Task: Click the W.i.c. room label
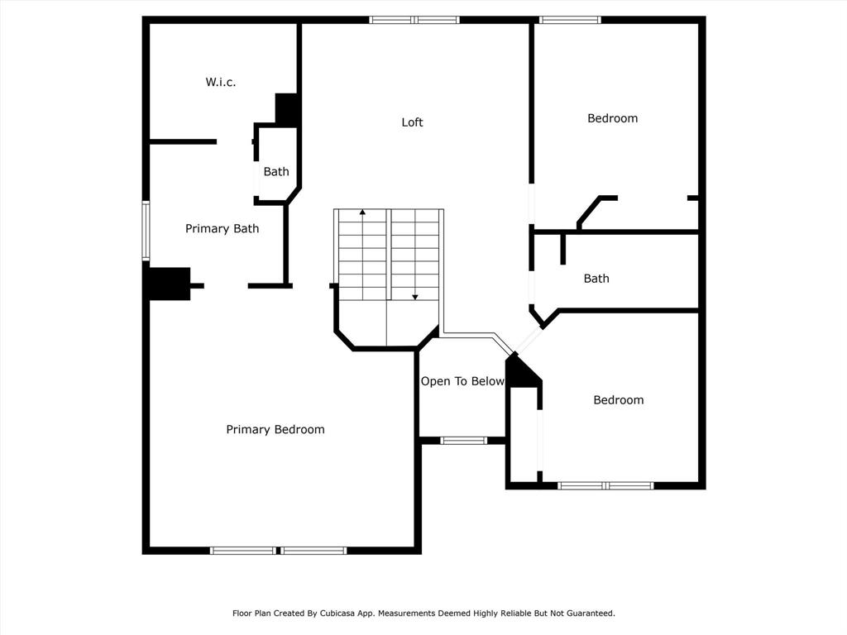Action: [220, 82]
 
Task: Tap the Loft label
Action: [412, 122]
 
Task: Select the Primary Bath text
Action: [222, 228]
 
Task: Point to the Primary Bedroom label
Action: [275, 429]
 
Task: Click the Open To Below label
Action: [462, 381]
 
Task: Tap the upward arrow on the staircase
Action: [362, 254]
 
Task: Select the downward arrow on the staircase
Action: [415, 255]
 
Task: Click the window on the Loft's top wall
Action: [414, 20]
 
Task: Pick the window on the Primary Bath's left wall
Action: [146, 231]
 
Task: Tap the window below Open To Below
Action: [463, 441]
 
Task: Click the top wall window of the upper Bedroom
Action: [570, 20]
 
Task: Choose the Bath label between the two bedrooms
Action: [596, 279]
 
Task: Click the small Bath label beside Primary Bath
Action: [276, 172]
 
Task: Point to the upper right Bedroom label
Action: [613, 118]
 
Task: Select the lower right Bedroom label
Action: [619, 400]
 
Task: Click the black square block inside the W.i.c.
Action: [286, 110]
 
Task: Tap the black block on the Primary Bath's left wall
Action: [170, 284]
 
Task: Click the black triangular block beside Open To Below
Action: [521, 372]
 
